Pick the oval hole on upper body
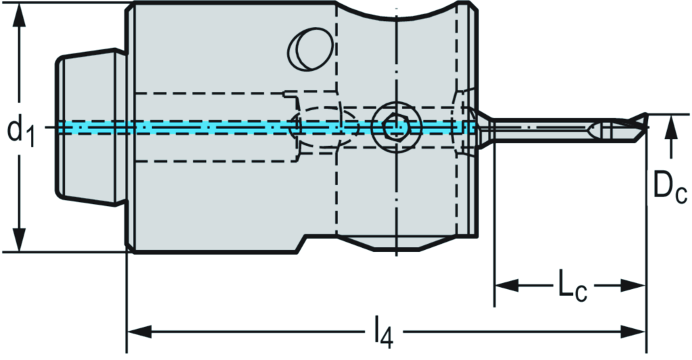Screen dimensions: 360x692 (x=307, y=48)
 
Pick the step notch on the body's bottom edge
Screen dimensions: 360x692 (x=301, y=242)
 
